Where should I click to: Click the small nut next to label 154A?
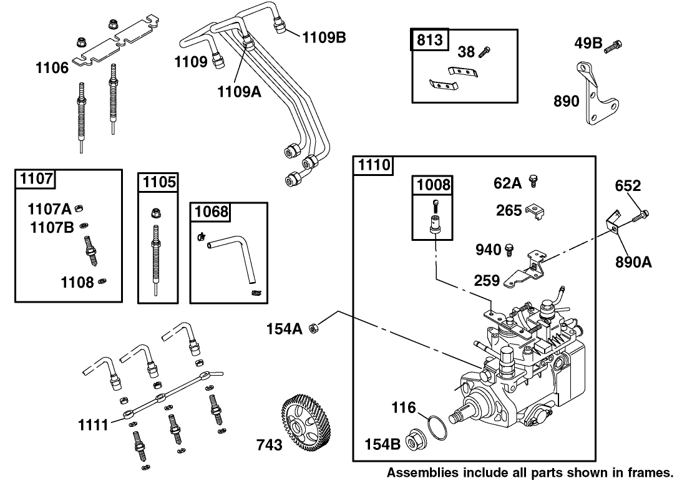tap(316, 328)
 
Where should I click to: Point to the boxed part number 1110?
tap(374, 165)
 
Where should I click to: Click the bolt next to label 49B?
tap(616, 44)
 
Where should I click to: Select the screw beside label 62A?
tap(533, 182)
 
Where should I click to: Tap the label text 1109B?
tap(324, 37)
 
